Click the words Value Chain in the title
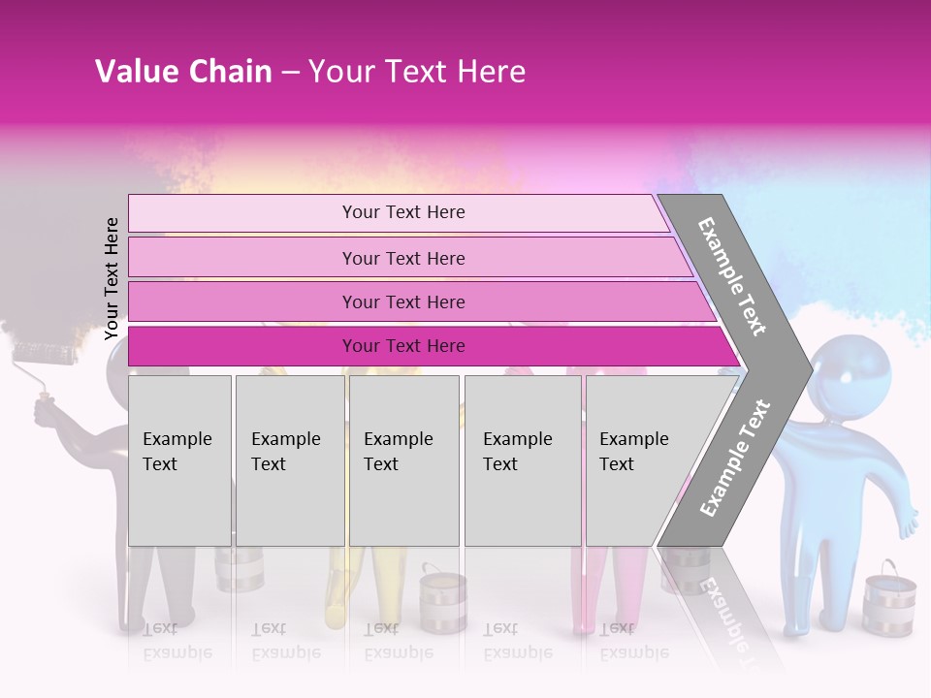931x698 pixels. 183,71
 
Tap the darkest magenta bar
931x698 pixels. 403,346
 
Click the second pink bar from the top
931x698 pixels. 403,258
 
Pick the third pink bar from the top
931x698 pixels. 403,301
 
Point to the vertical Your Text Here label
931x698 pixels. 112,278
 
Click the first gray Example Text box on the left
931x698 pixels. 179,460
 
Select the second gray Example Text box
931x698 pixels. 290,460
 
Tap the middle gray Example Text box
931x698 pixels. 403,460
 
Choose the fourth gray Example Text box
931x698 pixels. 523,460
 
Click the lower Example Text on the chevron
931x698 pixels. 735,458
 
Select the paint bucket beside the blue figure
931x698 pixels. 888,595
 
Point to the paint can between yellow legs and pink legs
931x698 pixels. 443,598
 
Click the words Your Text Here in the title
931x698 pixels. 417,71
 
